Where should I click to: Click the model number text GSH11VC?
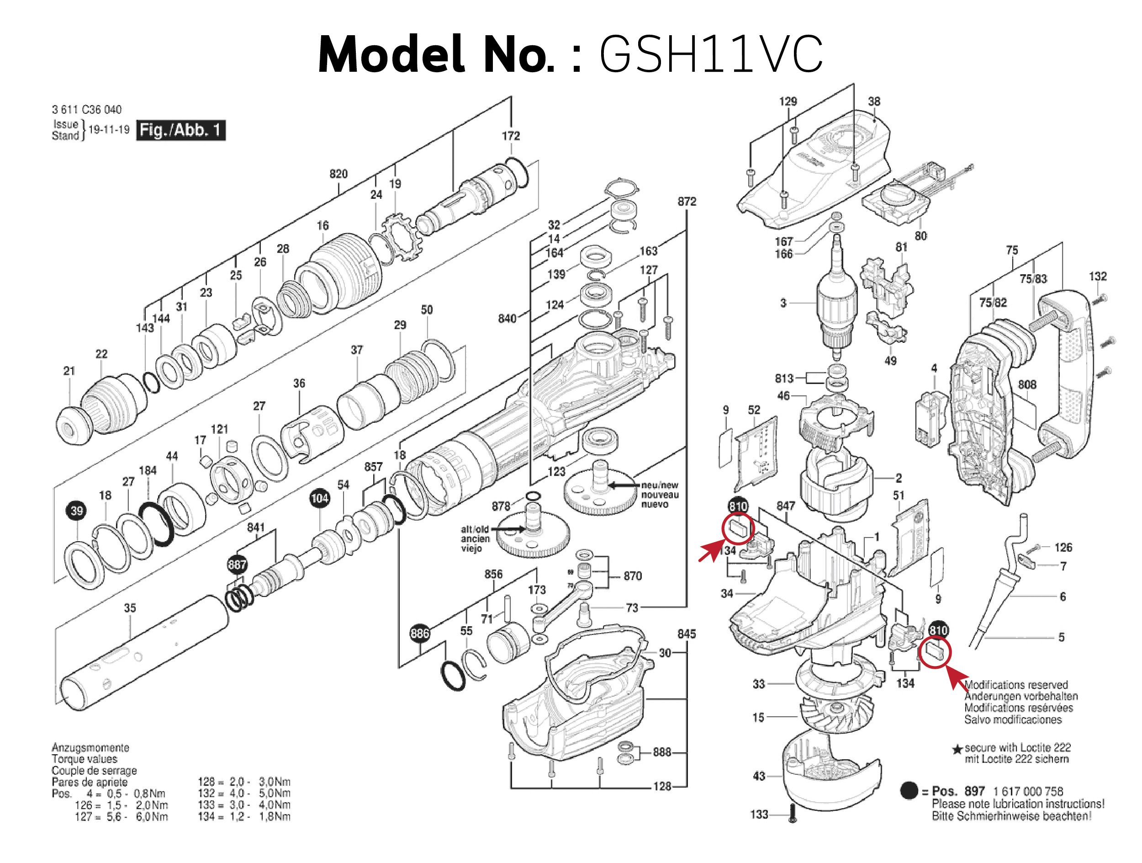[x=710, y=54]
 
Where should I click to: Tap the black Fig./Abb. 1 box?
[x=180, y=130]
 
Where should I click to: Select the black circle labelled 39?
[x=76, y=511]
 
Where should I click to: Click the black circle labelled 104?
[x=320, y=498]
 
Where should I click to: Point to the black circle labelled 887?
[x=237, y=565]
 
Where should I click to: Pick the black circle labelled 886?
[x=420, y=633]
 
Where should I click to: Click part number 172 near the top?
[x=511, y=136]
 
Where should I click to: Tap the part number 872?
[x=687, y=202]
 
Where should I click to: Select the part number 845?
[x=687, y=634]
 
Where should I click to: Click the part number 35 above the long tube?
[x=130, y=608]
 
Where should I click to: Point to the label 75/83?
[x=1033, y=279]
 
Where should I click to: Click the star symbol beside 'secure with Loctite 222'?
[x=957, y=749]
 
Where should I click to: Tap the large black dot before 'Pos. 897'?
[x=909, y=791]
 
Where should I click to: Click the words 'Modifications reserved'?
[x=1015, y=685]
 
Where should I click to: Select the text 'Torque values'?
[x=84, y=759]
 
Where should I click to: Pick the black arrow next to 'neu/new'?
[x=624, y=485]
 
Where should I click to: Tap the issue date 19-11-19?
[x=109, y=130]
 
